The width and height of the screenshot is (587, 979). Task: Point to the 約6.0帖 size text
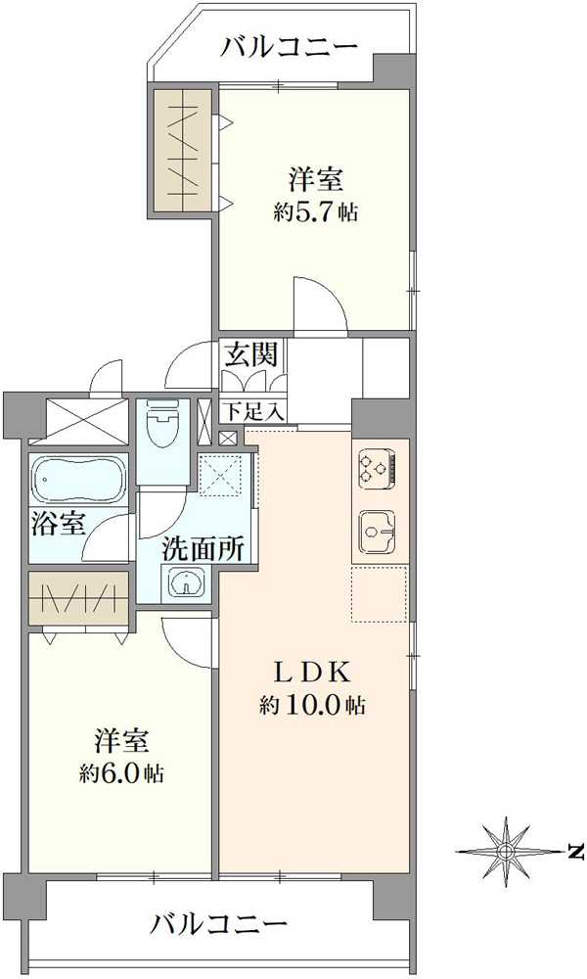tap(121, 772)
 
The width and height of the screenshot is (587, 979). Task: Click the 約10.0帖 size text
tap(313, 704)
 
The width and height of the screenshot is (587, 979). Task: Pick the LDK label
tap(312, 673)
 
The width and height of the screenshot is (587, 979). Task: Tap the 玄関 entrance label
tap(249, 355)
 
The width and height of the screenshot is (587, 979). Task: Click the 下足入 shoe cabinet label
tap(251, 410)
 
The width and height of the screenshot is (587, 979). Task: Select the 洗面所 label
tap(203, 549)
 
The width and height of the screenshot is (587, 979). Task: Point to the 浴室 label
tap(58, 524)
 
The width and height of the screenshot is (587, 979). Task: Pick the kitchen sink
tap(378, 532)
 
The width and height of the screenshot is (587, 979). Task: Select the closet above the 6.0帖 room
tap(78, 598)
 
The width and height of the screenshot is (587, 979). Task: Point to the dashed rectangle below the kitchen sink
tap(380, 592)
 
